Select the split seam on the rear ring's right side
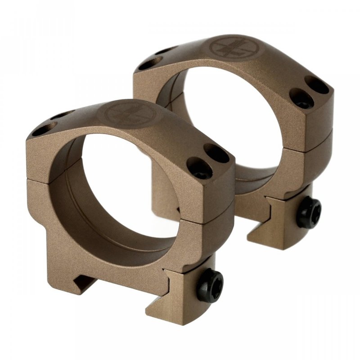coord(306,137)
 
